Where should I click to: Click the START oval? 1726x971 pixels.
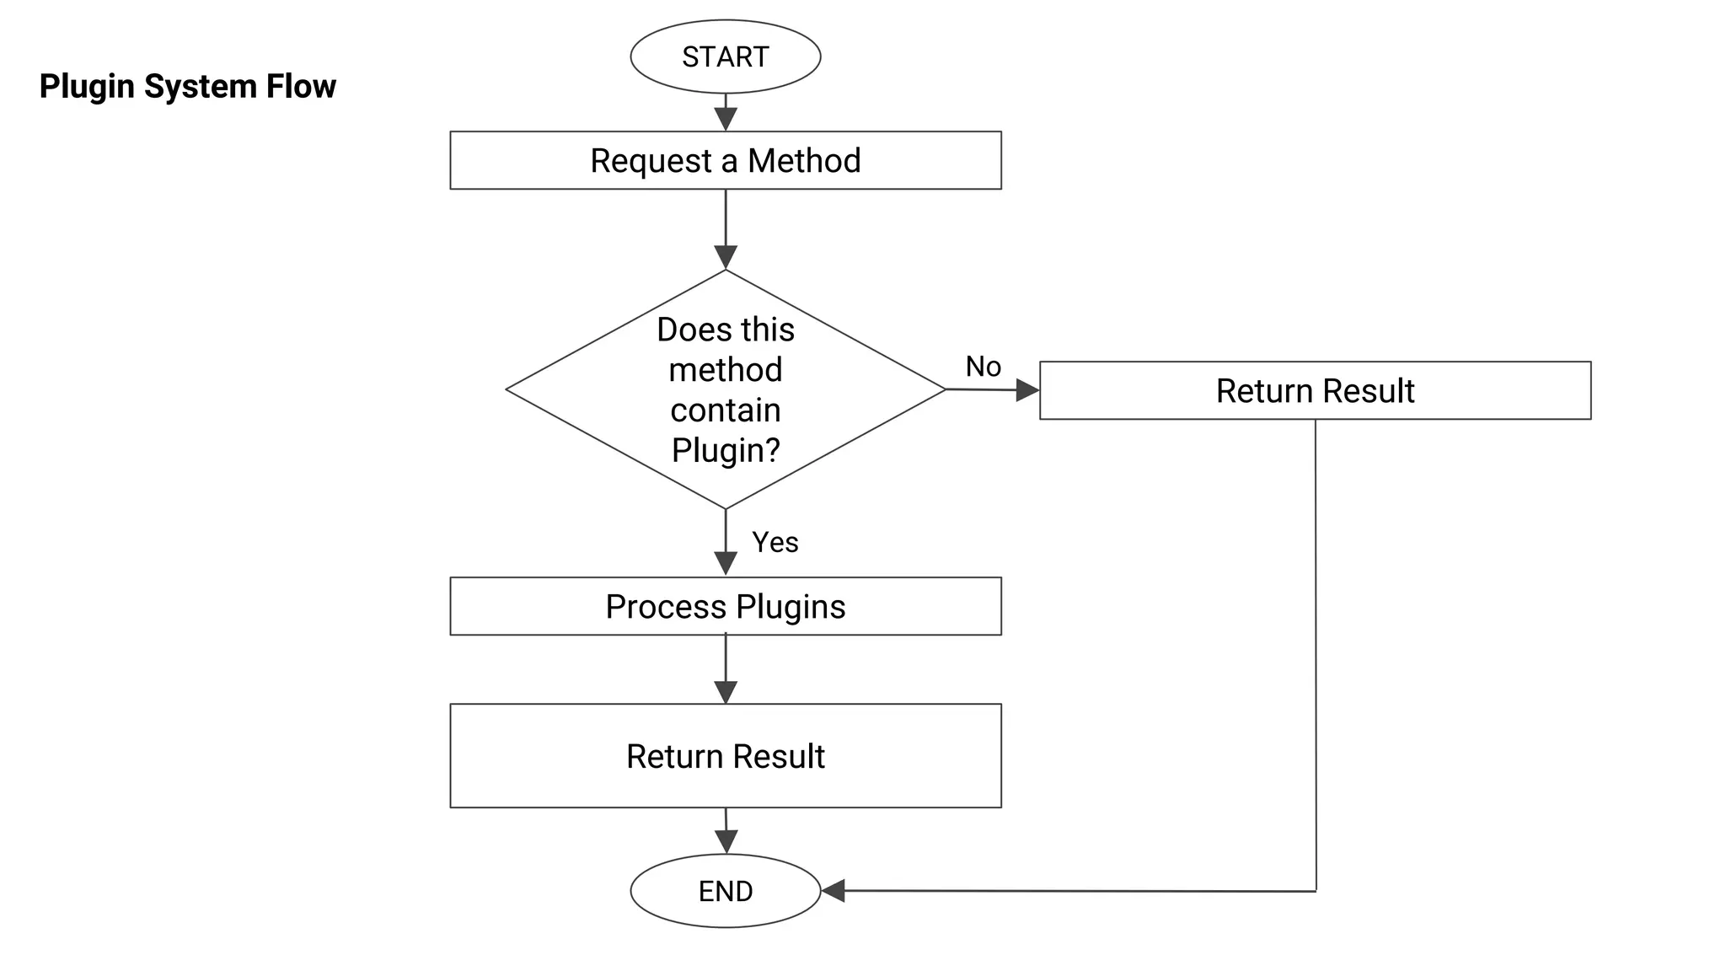tap(725, 56)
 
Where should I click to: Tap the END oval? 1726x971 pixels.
tap(725, 891)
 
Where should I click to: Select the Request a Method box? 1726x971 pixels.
tap(725, 160)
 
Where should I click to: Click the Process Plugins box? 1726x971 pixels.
tap(725, 606)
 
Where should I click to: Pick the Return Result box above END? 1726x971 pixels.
tap(725, 756)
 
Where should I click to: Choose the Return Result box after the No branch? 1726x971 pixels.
tap(1315, 390)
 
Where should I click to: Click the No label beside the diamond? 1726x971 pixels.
tap(983, 367)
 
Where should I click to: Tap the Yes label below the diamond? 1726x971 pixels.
tap(775, 542)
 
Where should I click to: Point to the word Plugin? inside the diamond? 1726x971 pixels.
tap(726, 450)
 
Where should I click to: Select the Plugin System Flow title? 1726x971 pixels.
tap(187, 86)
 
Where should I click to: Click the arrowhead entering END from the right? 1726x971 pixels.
tap(834, 890)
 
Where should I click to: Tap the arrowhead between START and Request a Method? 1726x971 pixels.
tap(726, 119)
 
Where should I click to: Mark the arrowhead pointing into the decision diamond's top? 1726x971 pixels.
tap(726, 257)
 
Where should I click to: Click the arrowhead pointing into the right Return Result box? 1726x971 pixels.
tap(1027, 389)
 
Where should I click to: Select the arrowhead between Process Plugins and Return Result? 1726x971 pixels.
tap(726, 692)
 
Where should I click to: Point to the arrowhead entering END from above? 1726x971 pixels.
tap(726, 841)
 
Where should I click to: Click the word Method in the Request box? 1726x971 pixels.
tap(803, 160)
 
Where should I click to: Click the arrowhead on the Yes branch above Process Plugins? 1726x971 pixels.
tap(726, 564)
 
